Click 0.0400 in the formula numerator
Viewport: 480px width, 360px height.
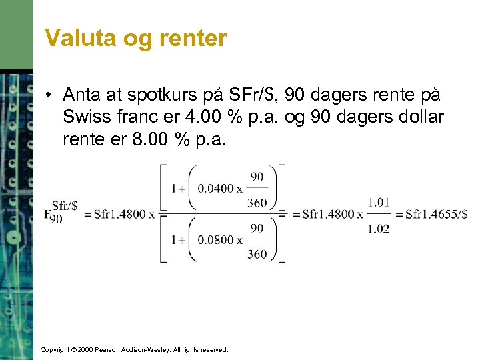216,189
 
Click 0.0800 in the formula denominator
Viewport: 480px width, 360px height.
216,240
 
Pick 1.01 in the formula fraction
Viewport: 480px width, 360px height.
378,202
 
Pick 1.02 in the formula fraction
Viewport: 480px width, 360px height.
378,227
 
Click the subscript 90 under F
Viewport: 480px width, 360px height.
56,219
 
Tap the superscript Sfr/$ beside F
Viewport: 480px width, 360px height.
65,205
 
